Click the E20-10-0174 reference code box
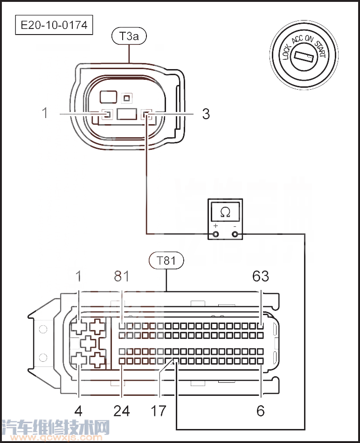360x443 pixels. (54, 25)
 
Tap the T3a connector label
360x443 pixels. (129, 36)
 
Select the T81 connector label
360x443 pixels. (166, 260)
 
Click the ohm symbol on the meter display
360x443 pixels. (225, 212)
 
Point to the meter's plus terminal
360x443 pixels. (215, 234)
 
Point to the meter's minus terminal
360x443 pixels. (235, 234)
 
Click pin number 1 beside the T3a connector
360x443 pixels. (45, 113)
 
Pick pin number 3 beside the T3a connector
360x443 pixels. (206, 113)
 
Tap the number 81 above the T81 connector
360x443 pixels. (122, 276)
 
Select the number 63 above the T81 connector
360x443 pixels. (261, 276)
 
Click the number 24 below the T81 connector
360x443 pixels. (122, 411)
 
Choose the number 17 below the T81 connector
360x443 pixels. (158, 411)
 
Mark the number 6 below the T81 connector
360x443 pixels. (260, 411)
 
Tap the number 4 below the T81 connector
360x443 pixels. (78, 411)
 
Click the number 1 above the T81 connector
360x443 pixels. (78, 276)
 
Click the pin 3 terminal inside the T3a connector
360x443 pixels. (146, 114)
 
